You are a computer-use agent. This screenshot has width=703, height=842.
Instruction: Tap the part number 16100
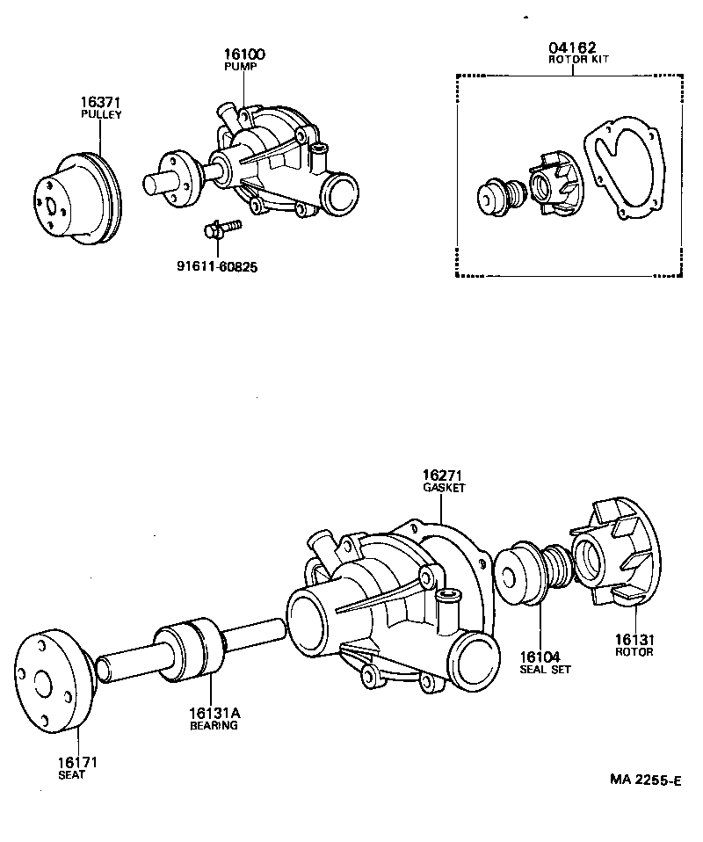[243, 54]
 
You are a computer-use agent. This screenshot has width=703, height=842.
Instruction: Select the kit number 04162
[572, 48]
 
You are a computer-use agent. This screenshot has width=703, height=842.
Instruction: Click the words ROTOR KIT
[572, 60]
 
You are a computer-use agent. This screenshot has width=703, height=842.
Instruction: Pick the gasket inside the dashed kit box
[622, 171]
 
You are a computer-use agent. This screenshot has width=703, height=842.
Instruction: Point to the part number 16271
[444, 475]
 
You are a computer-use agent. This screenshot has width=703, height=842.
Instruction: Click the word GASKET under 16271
[444, 487]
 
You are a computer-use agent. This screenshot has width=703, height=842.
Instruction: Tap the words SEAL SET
[545, 669]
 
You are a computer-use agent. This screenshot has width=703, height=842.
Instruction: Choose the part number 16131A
[214, 714]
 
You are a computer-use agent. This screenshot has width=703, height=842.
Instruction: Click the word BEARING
[214, 726]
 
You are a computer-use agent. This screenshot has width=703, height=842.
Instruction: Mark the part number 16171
[72, 763]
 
